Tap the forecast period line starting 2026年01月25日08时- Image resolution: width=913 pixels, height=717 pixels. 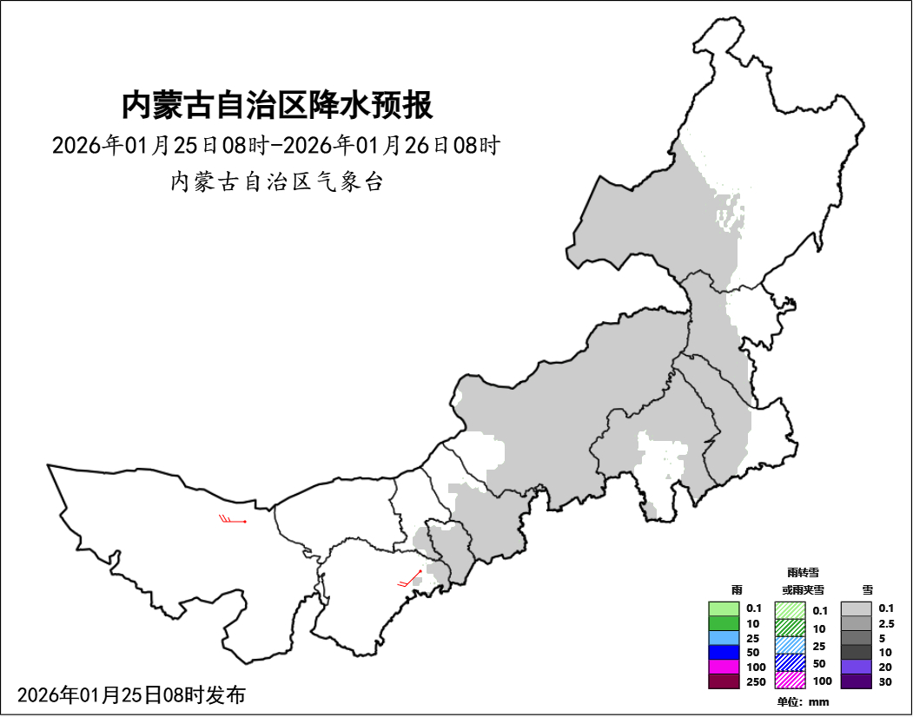click(275, 145)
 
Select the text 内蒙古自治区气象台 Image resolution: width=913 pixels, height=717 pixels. click(276, 182)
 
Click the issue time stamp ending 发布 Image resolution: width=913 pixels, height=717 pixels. click(131, 694)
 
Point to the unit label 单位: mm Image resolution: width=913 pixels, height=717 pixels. click(804, 701)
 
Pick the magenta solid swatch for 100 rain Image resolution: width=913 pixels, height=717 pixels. click(723, 667)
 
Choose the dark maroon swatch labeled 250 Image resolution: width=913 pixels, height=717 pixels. click(723, 681)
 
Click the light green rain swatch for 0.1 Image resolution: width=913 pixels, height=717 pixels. click(723, 608)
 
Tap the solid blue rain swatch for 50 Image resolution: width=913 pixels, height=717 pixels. click(723, 652)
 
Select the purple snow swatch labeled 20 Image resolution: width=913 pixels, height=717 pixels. click(856, 667)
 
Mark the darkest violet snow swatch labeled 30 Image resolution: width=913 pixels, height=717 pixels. click(856, 681)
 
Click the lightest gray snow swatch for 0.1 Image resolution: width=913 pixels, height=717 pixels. click(856, 608)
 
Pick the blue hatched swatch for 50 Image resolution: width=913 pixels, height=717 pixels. click(790, 662)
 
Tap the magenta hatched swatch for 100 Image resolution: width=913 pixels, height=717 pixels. click(790, 681)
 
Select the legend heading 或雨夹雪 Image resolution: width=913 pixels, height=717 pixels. click(803, 589)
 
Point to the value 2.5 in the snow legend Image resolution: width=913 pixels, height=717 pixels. click(886, 623)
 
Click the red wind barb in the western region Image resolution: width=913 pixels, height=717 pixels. click(233, 521)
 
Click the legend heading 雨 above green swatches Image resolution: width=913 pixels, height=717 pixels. click(737, 589)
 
